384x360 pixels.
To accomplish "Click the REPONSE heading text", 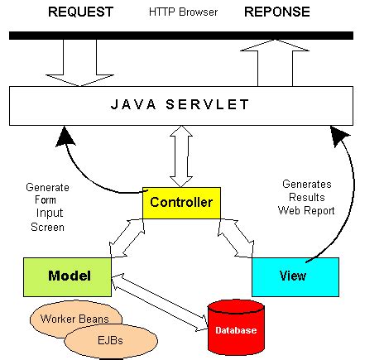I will (276, 12).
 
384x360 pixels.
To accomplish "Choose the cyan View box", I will (294, 276).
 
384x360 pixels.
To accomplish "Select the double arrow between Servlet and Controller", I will (180, 156).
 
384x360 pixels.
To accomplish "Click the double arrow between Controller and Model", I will (128, 238).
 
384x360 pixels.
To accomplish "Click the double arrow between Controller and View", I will (241, 238).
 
